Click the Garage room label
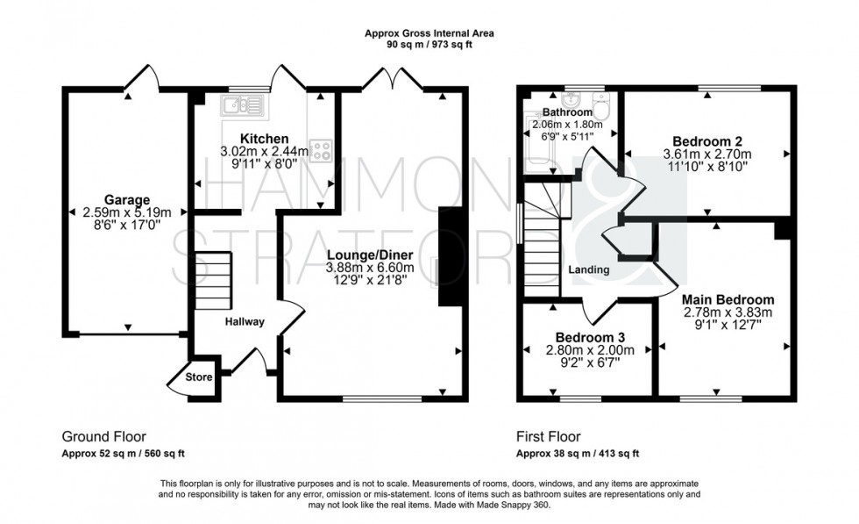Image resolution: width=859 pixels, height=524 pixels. [x=127, y=199]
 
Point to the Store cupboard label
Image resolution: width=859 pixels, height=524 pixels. [x=200, y=378]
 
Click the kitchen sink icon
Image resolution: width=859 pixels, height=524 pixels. [x=238, y=106]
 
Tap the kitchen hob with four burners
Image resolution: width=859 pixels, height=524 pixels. [x=321, y=150]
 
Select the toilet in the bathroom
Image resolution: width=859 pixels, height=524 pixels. [x=601, y=109]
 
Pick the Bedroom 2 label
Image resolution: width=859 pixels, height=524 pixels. [x=707, y=141]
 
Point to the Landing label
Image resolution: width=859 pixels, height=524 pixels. [x=588, y=270]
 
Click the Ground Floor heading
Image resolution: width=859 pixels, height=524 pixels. [x=103, y=436]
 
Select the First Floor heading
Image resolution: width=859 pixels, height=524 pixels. [x=548, y=436]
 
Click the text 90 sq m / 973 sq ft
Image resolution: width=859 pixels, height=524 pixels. [x=429, y=44]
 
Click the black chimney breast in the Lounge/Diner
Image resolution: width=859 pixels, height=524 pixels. [x=449, y=256]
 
